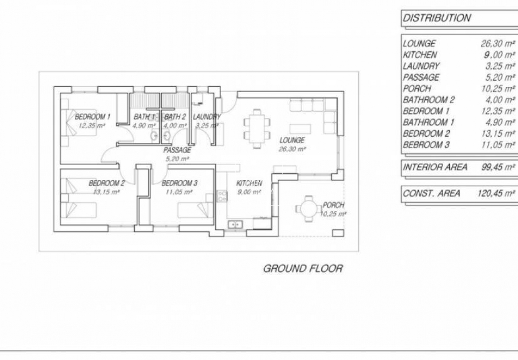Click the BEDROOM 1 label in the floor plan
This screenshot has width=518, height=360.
tap(93, 117)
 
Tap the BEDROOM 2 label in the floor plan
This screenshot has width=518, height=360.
tap(106, 183)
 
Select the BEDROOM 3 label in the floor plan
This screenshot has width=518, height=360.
tap(179, 183)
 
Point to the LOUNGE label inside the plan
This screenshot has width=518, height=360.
tap(292, 141)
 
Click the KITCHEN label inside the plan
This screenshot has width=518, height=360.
tap(249, 183)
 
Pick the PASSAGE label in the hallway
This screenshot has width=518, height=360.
tap(177, 150)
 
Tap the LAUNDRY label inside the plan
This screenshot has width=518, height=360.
tap(206, 117)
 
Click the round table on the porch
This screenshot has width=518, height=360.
tap(309, 208)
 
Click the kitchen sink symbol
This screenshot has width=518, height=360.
tap(235, 224)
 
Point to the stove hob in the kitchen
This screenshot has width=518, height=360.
tap(222, 195)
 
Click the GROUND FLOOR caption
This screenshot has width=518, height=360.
tap(303, 268)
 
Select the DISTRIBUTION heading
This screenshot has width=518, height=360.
tap(436, 18)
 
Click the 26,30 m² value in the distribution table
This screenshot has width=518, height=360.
tap(498, 44)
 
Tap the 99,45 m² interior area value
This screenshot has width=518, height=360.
tap(498, 167)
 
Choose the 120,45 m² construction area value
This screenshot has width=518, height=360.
tap(496, 193)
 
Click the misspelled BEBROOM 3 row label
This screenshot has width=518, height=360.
tap(426, 145)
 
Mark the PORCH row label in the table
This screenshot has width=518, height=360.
tap(417, 88)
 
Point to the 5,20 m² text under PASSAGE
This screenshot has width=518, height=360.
tap(177, 158)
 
